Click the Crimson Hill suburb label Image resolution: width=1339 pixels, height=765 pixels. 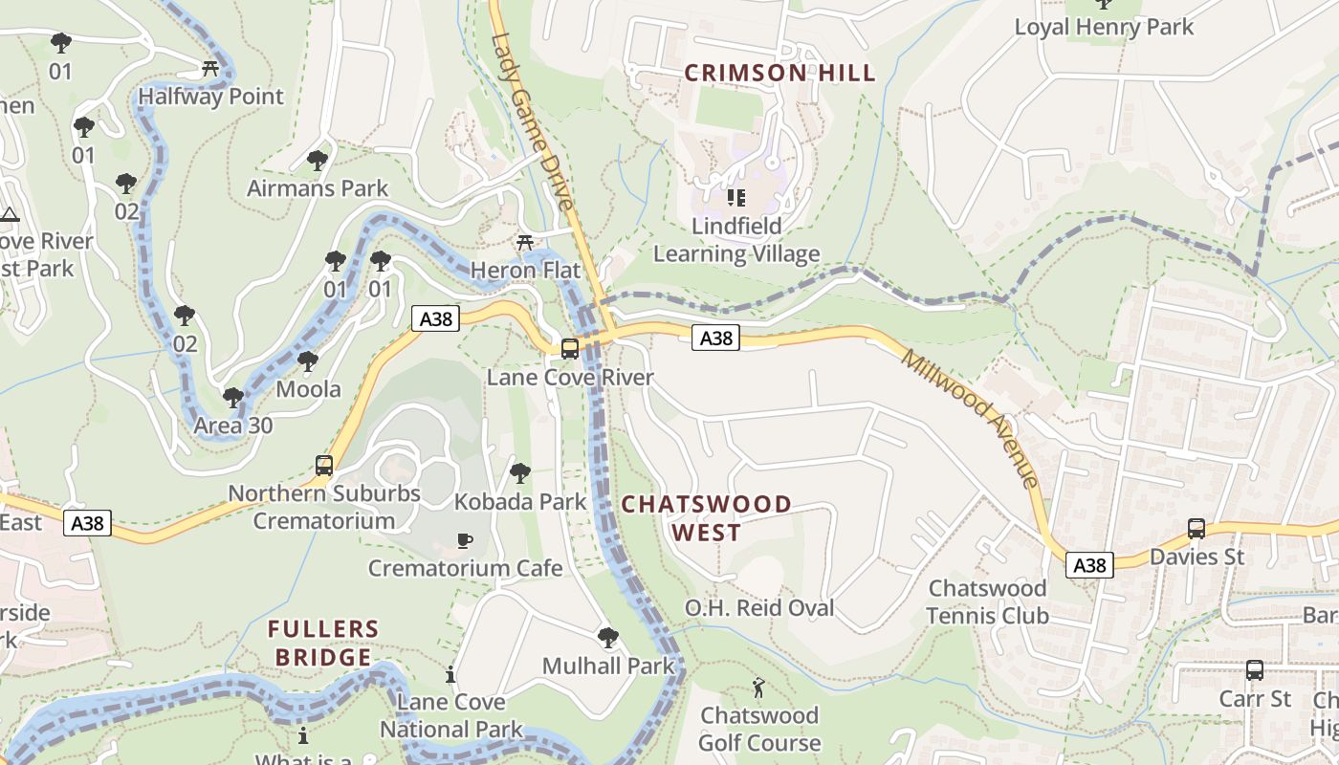(779, 73)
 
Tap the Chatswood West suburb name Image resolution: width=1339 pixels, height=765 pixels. (707, 517)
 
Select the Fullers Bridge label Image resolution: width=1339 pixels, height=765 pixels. (323, 643)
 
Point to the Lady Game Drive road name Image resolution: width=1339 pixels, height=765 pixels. (533, 121)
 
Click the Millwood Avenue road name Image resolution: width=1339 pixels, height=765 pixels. (970, 418)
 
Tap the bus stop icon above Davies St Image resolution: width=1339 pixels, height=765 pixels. (1196, 528)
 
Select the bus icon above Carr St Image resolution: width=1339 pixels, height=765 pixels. (1254, 670)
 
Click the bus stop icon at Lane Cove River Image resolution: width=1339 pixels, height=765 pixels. (570, 349)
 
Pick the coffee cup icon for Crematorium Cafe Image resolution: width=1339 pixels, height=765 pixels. (465, 540)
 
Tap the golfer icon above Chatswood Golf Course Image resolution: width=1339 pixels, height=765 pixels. (758, 688)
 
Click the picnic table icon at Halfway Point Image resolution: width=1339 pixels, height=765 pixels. (211, 68)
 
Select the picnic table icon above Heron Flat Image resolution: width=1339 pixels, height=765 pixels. (524, 243)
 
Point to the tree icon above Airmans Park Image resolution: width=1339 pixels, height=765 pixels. (318, 160)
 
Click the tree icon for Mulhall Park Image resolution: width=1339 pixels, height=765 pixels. (607, 637)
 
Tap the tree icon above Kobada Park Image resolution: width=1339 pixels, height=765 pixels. (519, 472)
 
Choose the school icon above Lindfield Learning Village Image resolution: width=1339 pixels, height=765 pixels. (735, 198)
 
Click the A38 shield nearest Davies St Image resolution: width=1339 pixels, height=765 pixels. (1089, 565)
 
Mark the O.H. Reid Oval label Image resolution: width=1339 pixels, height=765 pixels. (759, 607)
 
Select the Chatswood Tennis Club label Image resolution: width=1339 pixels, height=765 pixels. (988, 601)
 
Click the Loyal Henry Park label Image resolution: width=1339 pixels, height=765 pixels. (1104, 27)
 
